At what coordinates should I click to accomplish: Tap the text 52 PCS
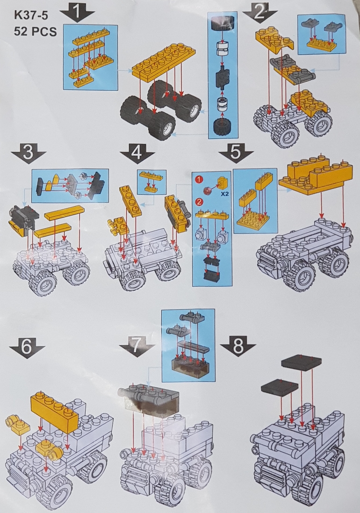pos(36,31)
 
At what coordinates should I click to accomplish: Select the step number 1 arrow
pos(77,13)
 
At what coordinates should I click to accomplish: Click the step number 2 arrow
pos(260,13)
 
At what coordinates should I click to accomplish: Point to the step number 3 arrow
pos(29,153)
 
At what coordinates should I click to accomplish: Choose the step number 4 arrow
pos(137,153)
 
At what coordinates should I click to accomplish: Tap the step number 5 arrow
pos(236,152)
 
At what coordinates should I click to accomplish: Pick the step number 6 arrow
pos(27,347)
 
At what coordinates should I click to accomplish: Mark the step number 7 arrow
pos(137,346)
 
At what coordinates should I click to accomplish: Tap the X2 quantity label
pos(224,194)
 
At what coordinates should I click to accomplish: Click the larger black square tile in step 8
pos(301,362)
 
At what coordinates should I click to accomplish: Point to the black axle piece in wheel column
pos(223,78)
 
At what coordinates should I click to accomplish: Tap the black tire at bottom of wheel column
pos(223,127)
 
